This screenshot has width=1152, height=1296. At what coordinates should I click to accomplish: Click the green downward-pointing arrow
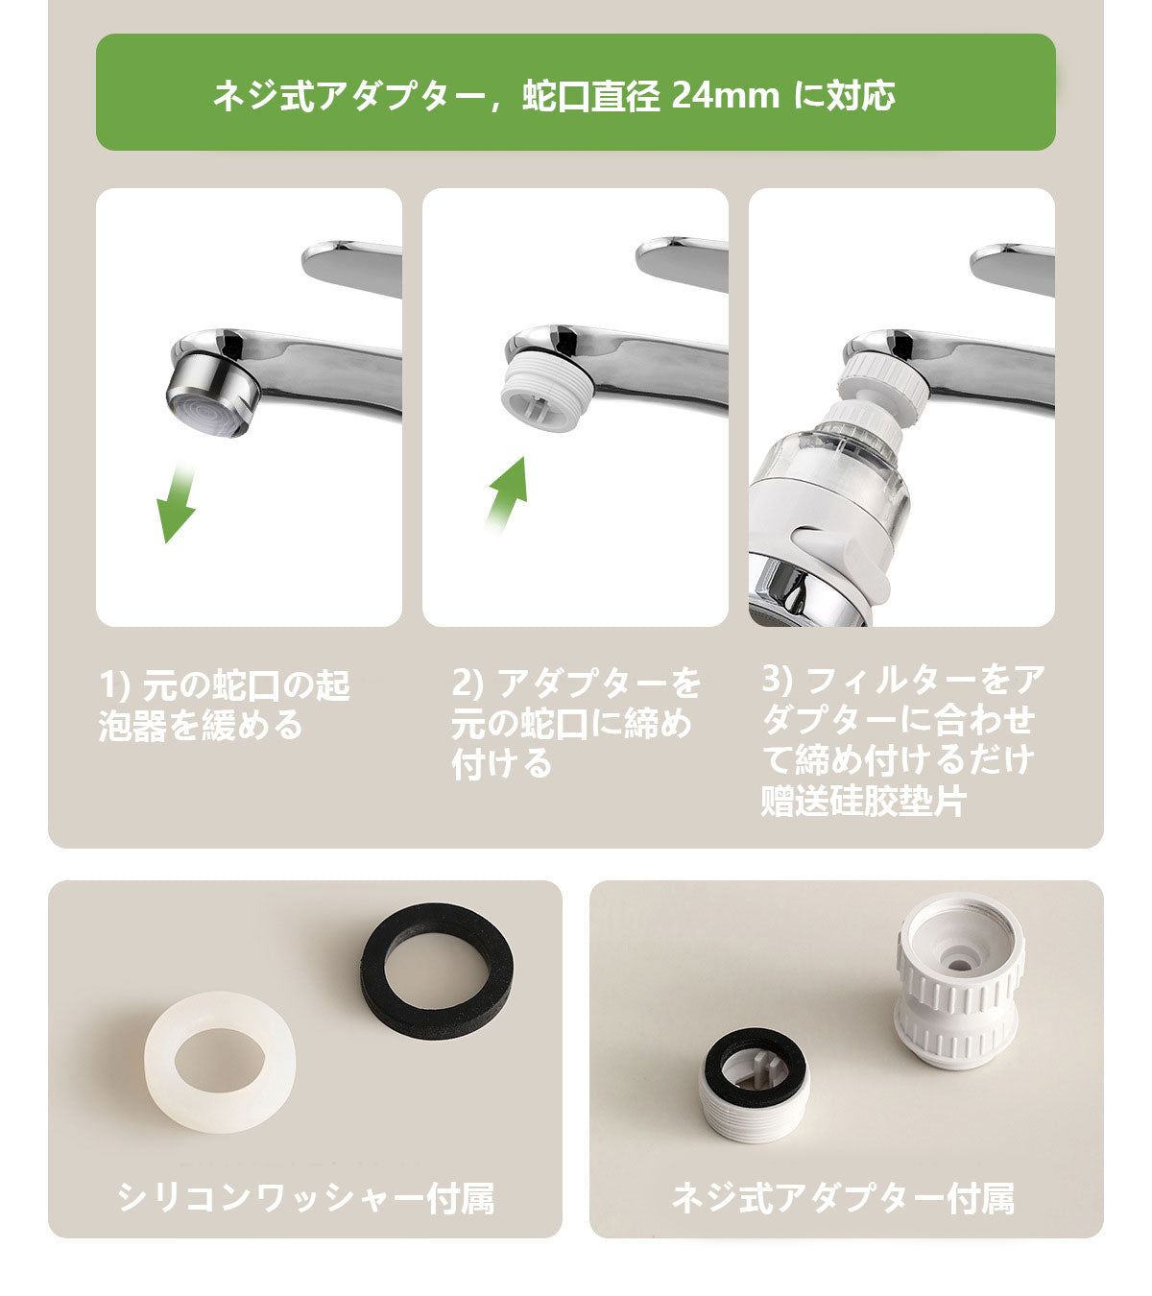tap(179, 504)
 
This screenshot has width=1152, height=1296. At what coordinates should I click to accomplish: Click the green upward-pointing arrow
tap(509, 494)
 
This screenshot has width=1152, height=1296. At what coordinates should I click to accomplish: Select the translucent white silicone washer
tap(220, 1062)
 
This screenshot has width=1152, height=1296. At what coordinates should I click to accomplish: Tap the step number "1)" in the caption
tap(116, 684)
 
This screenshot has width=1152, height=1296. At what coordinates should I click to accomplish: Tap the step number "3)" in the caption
tap(777, 679)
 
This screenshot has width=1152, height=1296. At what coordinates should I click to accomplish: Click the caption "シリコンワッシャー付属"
tap(305, 1197)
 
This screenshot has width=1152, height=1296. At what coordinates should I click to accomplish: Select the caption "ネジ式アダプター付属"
tap(843, 1197)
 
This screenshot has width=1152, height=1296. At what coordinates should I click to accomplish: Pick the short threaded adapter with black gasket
tap(754, 1085)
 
